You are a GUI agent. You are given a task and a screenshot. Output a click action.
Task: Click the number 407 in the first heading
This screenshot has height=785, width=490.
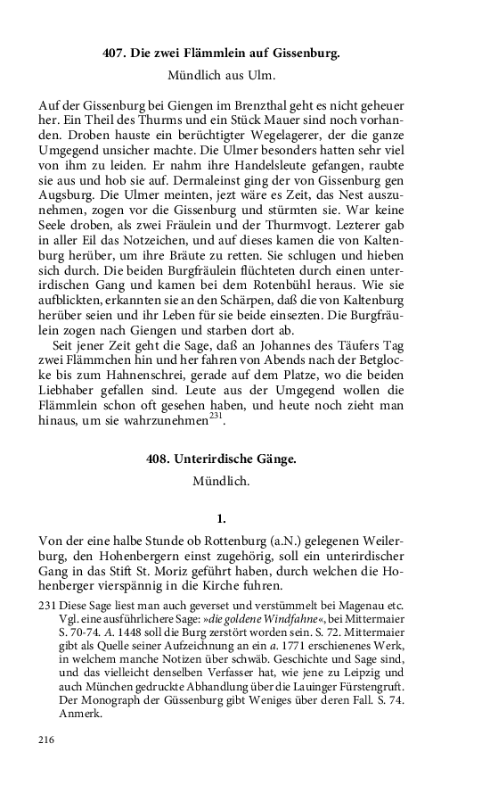[x=115, y=54]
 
